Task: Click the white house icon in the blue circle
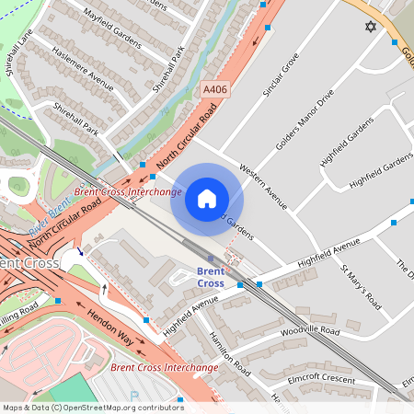click(x=207, y=199)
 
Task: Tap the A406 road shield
click(x=213, y=90)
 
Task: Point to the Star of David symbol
click(x=372, y=28)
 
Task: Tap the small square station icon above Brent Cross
click(x=210, y=259)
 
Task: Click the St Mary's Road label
click(x=361, y=286)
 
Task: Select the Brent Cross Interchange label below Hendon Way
click(x=165, y=367)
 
